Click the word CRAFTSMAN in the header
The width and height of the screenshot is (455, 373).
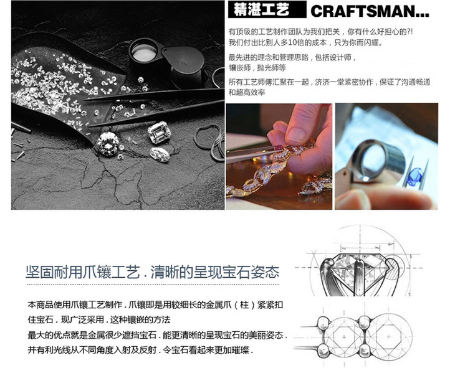click(x=362, y=11)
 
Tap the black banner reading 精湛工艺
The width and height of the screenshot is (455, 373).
click(x=267, y=9)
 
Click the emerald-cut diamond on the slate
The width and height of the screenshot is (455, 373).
click(x=159, y=133)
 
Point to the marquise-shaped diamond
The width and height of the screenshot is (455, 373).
click(x=160, y=154)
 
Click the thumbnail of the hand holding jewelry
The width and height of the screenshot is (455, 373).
click(x=279, y=156)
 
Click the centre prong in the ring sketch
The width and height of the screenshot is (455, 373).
click(x=360, y=276)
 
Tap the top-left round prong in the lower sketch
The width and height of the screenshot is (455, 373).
click(x=322, y=323)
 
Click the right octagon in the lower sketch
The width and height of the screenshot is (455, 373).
click(x=388, y=337)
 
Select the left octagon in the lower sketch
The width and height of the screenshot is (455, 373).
click(x=343, y=337)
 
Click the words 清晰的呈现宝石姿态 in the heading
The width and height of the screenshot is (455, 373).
click(x=215, y=272)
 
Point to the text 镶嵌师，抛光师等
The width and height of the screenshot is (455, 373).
click(x=257, y=68)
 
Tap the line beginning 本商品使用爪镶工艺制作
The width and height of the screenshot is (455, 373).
click(x=155, y=305)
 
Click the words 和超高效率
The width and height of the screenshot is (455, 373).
click(x=247, y=93)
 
